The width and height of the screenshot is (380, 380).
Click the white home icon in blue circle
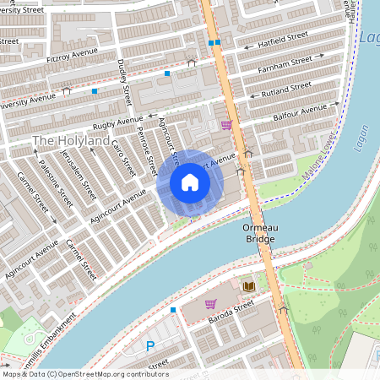pyautogui.click(x=190, y=182)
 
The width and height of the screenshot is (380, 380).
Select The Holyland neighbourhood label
pyautogui.click(x=71, y=140)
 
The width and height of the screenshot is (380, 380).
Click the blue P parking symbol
pyautogui.click(x=150, y=345)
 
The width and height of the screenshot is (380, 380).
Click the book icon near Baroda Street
pyautogui.click(x=248, y=286)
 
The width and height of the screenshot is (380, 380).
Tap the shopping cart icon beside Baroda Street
pyautogui.click(x=210, y=303)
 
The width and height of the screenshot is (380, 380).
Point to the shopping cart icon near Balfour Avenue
pyautogui.click(x=225, y=125)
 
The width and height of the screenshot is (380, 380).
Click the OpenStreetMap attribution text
pyautogui.click(x=84, y=374)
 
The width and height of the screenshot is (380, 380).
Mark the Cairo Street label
pyautogui.click(x=124, y=157)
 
